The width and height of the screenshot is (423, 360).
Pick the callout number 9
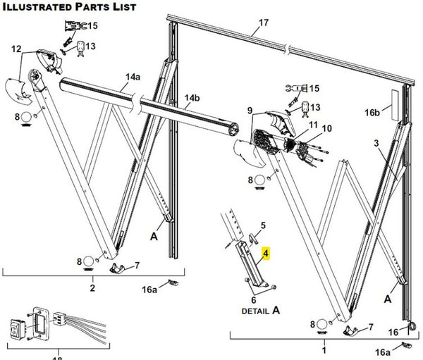(x=249, y=110)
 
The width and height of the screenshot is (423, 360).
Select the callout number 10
(x=326, y=128)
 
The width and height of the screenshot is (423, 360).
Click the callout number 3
(x=376, y=144)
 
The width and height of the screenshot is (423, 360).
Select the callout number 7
(x=137, y=265)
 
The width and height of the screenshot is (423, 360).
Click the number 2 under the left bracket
(x=92, y=289)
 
